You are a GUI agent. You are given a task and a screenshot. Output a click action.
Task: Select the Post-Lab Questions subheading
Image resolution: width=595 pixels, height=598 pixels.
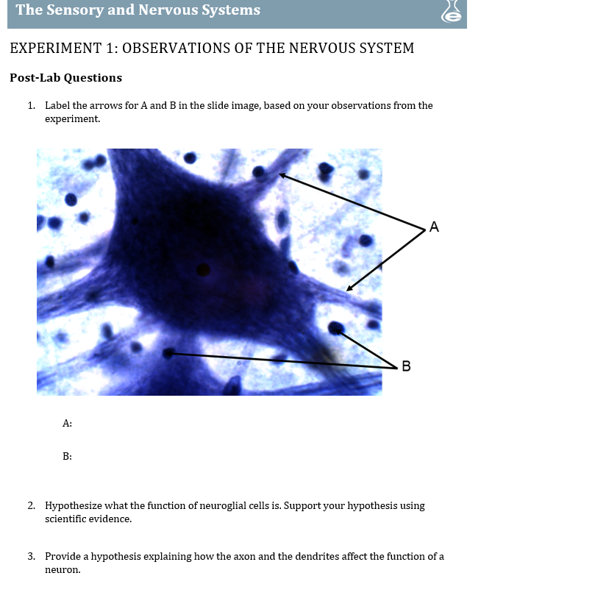(x=65, y=78)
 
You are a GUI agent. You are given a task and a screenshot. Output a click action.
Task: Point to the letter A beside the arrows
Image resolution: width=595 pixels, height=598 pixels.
(x=434, y=227)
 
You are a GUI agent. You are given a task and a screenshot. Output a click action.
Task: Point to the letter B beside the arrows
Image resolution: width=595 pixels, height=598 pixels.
(x=406, y=366)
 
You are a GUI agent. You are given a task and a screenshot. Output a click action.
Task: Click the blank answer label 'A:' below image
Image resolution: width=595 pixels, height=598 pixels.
(x=67, y=424)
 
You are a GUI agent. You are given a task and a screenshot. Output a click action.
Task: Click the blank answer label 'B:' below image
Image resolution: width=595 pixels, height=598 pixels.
(x=67, y=457)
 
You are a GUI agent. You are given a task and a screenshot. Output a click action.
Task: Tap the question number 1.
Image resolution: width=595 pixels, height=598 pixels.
(x=31, y=106)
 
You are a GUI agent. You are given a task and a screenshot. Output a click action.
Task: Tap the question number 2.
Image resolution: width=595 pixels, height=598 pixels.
(x=31, y=506)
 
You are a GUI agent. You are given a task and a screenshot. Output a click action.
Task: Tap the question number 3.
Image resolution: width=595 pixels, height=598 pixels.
(x=31, y=557)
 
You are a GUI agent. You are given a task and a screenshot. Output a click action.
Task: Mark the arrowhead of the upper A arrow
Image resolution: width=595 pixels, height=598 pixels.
(x=282, y=175)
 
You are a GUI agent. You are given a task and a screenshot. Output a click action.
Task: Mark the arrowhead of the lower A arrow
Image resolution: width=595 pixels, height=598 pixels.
(x=349, y=288)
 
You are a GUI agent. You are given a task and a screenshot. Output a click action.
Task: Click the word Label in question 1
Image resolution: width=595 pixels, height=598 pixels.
(x=57, y=106)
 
